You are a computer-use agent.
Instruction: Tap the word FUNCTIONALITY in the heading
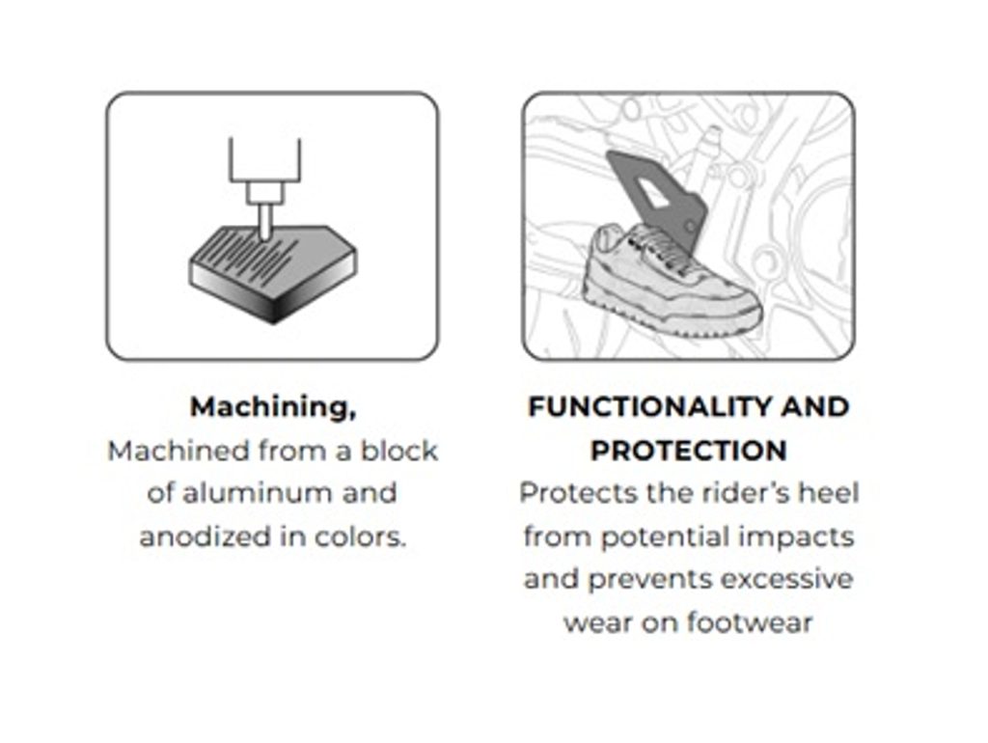[x=649, y=406]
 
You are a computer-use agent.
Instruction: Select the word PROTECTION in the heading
[x=689, y=450]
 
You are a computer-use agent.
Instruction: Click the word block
[x=399, y=451]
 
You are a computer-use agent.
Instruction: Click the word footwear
[x=749, y=622]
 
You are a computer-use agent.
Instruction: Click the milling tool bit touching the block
[x=265, y=222]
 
